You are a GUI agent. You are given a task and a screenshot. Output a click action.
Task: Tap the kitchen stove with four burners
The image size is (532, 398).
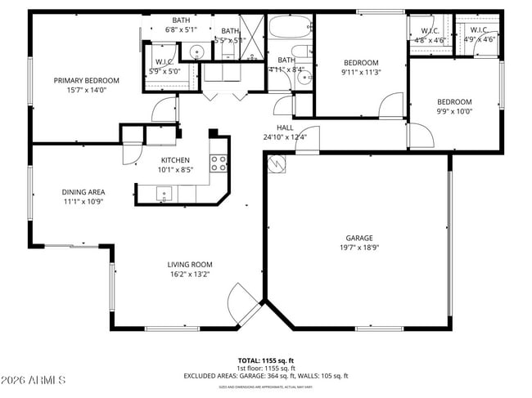pos(219,163)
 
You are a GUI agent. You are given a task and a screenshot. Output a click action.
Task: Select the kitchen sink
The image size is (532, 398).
pos(165,195)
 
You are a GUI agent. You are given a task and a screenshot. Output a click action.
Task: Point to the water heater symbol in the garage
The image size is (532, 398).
pos(276,164)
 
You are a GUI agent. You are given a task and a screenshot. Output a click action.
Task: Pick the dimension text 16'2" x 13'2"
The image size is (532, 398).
pos(190,274)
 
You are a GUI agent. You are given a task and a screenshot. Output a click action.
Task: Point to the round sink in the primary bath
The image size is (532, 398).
pos(196,52)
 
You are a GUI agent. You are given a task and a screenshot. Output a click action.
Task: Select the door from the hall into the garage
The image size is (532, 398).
pos(308,140)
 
